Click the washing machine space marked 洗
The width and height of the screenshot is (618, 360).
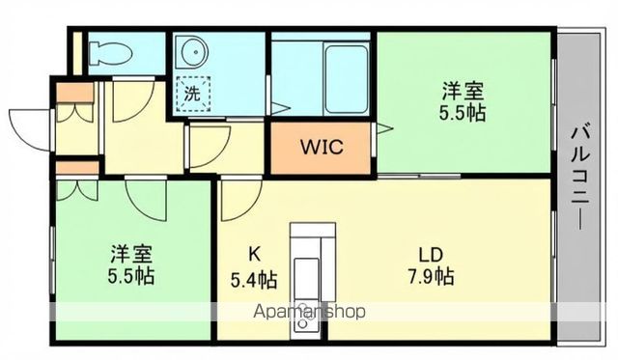click(195, 95)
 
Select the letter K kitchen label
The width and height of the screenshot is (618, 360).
click(254, 256)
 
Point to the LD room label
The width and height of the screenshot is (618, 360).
click(431, 255)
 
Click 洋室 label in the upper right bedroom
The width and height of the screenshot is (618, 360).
click(463, 92)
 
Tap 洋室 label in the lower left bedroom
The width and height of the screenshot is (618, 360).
click(130, 255)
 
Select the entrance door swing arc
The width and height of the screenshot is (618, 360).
click(27, 128)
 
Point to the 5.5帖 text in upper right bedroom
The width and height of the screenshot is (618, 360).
click(463, 112)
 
